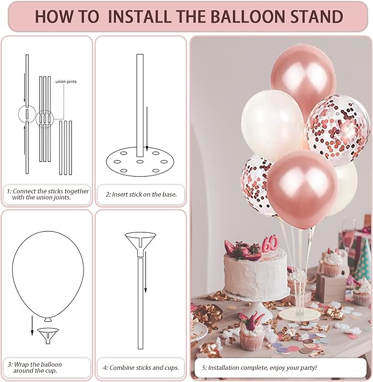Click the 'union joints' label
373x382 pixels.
coord(66,81)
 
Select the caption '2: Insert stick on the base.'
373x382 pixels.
coord(141,194)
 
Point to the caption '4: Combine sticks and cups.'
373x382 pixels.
coord(141,367)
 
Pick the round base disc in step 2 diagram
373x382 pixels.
coord(140,162)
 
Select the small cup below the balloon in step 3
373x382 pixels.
coord(48,332)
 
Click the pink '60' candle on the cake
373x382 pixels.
coord(269,243)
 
